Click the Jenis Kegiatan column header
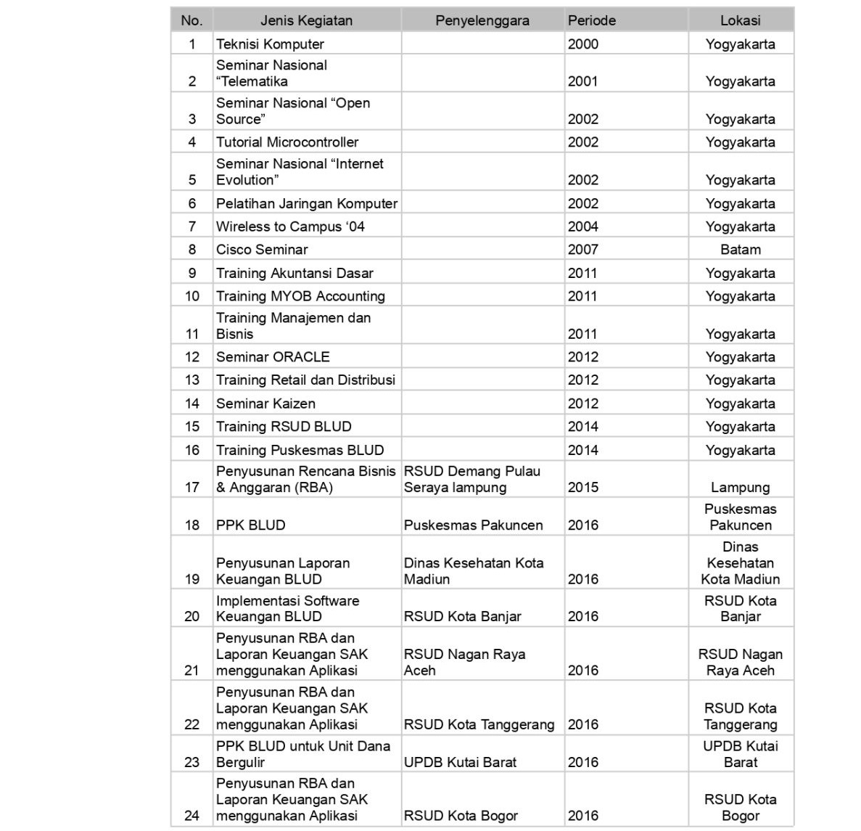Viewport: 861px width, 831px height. (x=306, y=20)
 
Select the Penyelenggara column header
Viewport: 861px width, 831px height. (x=482, y=20)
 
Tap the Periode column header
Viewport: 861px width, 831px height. (x=592, y=20)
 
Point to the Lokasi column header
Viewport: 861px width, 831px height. (x=740, y=20)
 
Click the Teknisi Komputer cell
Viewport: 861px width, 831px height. (x=270, y=44)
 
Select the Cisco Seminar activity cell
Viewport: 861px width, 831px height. (x=262, y=250)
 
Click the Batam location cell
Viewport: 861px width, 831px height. (x=740, y=250)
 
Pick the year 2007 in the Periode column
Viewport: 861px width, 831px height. (x=583, y=250)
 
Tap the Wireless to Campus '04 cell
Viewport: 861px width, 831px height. (x=290, y=226)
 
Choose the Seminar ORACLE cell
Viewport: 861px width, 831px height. (x=273, y=357)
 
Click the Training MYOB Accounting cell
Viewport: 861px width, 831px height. (x=300, y=296)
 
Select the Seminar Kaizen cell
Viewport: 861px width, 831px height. (x=265, y=404)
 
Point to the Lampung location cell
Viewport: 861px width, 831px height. (x=740, y=488)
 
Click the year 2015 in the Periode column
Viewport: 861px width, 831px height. (x=583, y=488)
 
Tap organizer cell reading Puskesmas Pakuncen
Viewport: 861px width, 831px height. (x=473, y=525)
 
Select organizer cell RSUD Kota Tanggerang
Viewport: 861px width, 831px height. (x=479, y=724)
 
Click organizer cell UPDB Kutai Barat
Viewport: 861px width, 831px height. (x=460, y=762)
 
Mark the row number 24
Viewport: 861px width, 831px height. (x=191, y=816)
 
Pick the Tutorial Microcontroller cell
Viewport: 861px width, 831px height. (x=287, y=142)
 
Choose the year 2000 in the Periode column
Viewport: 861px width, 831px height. (x=583, y=44)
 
